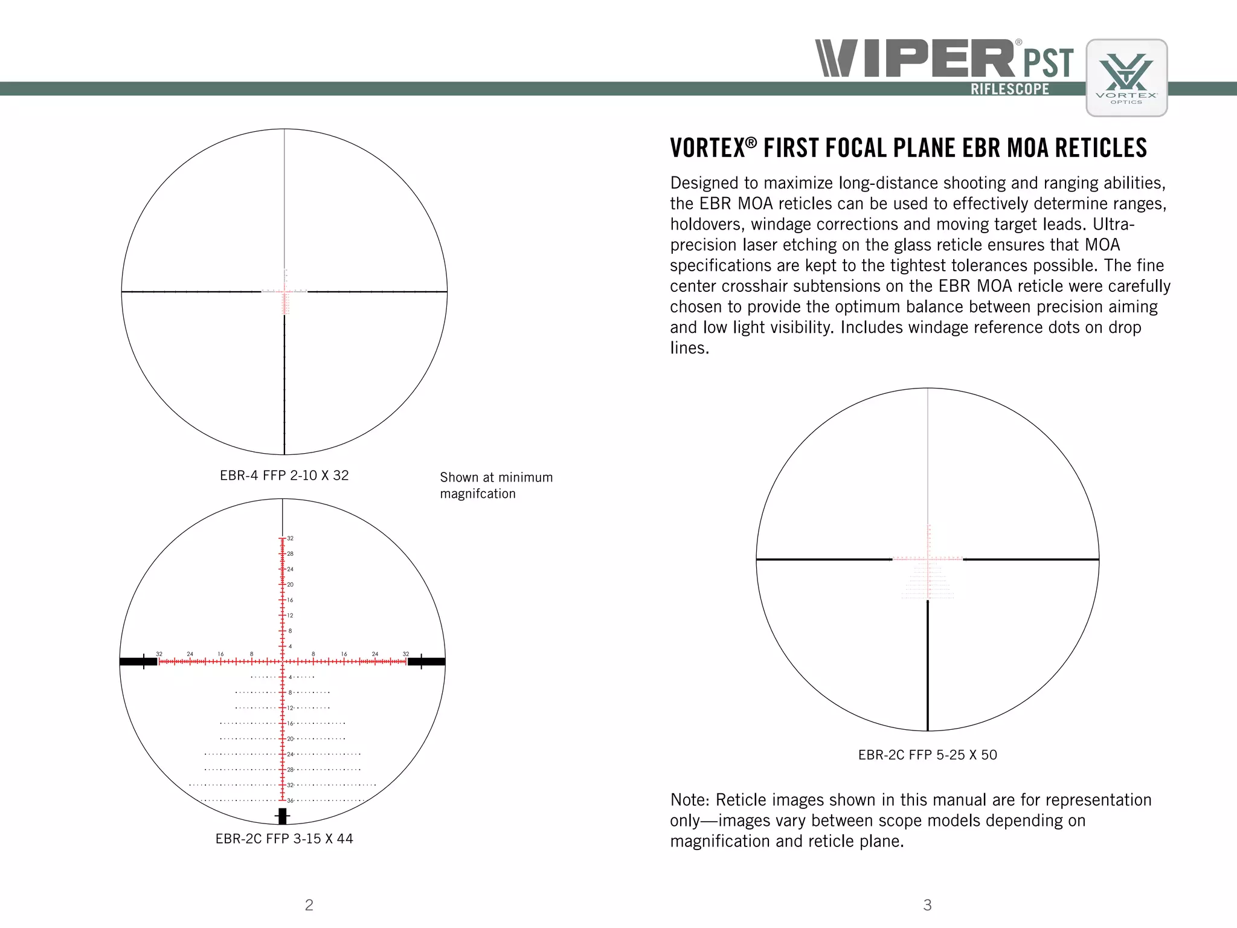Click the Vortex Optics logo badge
coord(1126,77)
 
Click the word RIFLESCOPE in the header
coord(1010,89)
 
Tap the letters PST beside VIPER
coord(1048,63)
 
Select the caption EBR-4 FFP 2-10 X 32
coord(284,475)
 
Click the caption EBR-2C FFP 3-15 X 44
coord(284,839)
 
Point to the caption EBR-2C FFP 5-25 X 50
coord(927,755)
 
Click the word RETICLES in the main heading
coord(1100,149)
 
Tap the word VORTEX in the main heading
coord(708,149)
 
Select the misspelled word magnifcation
coord(478,494)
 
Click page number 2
coord(309,904)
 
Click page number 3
coord(927,904)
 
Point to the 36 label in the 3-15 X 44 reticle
coord(291,801)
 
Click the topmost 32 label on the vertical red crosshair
coord(291,538)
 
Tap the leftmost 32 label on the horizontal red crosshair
coord(159,654)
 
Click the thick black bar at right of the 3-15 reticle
coord(426,662)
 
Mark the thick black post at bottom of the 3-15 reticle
coord(282,816)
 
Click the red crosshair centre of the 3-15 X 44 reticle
coord(282,662)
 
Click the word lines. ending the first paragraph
coord(689,348)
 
